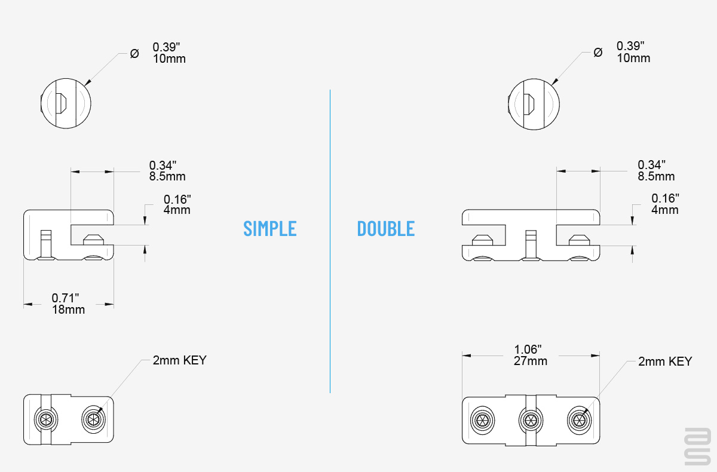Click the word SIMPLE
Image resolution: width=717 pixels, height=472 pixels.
pyautogui.click(x=270, y=228)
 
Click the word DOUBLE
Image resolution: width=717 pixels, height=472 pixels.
pyautogui.click(x=386, y=228)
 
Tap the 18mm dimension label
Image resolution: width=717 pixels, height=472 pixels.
pyautogui.click(x=69, y=309)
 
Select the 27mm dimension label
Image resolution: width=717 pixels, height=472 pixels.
pyautogui.click(x=531, y=361)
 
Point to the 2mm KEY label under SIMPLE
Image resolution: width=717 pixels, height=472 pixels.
pyautogui.click(x=180, y=360)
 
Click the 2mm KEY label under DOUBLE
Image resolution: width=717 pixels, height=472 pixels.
pyautogui.click(x=665, y=361)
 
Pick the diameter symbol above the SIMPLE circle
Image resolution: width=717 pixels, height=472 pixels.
pyautogui.click(x=134, y=53)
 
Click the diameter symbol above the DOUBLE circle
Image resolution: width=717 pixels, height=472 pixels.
pyautogui.click(x=598, y=52)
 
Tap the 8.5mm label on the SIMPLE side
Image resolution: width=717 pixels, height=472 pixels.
pyautogui.click(x=167, y=176)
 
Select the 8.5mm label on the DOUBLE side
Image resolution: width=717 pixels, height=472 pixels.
pyautogui.click(x=656, y=176)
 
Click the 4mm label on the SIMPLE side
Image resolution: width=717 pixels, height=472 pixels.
pyautogui.click(x=177, y=210)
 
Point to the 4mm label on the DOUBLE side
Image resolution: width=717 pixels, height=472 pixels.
pyautogui.click(x=665, y=210)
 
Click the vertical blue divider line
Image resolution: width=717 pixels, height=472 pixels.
pyautogui.click(x=330, y=241)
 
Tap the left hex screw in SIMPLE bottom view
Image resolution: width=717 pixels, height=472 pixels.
pyautogui.click(x=46, y=419)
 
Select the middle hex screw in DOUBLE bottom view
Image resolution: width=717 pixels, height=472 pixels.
pyautogui.click(x=531, y=420)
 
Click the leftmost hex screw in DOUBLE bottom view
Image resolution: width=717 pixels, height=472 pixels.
pyautogui.click(x=482, y=420)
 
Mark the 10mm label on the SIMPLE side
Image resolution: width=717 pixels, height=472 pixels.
pyautogui.click(x=169, y=59)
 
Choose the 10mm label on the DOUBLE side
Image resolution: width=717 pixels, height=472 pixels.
pyautogui.click(x=633, y=58)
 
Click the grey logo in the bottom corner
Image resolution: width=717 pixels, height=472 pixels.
pyautogui.click(x=698, y=446)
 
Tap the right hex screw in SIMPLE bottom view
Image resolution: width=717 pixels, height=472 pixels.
pyautogui.click(x=93, y=419)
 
